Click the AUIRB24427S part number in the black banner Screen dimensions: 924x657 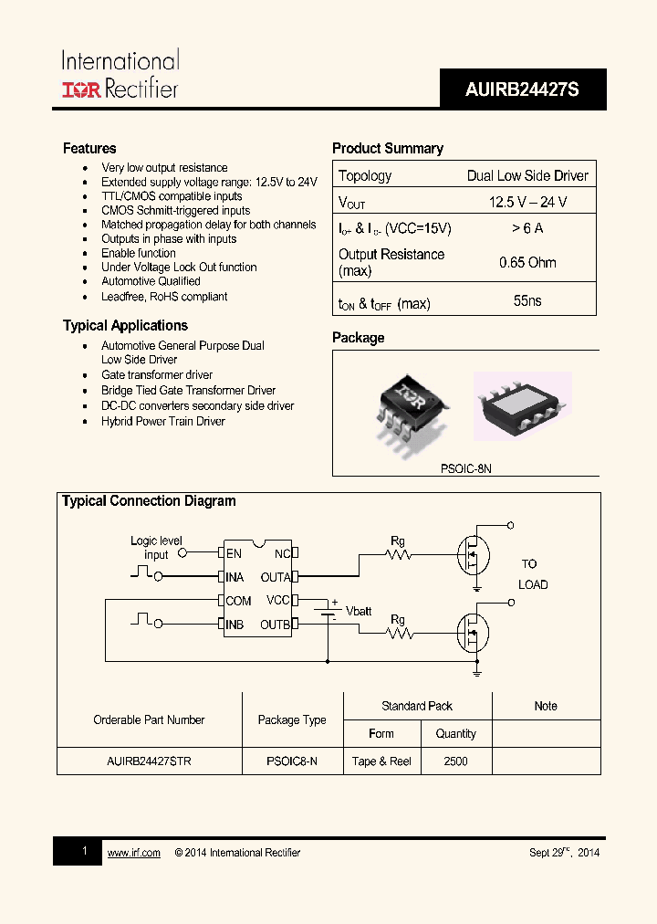click(x=522, y=90)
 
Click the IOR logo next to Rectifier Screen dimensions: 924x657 click(x=82, y=89)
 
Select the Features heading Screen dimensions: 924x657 click(x=89, y=148)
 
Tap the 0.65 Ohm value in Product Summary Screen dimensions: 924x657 click(x=527, y=262)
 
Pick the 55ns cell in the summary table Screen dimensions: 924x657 click(x=527, y=300)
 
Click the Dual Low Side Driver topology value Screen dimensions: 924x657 click(x=527, y=175)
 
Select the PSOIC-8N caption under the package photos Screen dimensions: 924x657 click(x=465, y=467)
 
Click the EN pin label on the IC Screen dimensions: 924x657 click(x=235, y=553)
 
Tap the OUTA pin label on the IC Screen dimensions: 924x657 click(x=276, y=577)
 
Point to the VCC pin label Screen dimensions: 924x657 click(x=277, y=600)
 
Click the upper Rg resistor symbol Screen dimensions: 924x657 click(x=397, y=553)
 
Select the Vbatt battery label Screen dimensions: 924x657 click(x=359, y=611)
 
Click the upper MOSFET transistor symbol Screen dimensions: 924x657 click(x=472, y=553)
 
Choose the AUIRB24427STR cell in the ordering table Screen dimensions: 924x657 click(x=149, y=761)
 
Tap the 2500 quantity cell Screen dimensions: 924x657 click(x=455, y=761)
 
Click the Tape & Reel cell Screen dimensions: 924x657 click(x=381, y=761)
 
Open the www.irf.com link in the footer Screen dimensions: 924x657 click(x=134, y=853)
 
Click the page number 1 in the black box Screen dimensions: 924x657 click(x=84, y=851)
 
